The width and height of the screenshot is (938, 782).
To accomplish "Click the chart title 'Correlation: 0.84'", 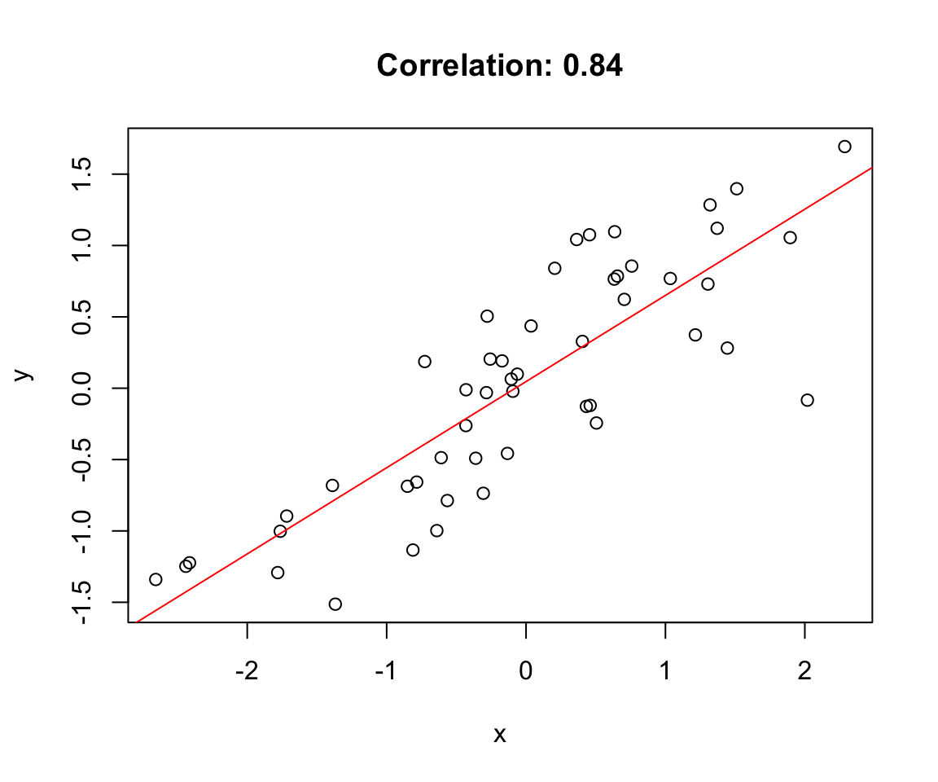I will coord(499,66).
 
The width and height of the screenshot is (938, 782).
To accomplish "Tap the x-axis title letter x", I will coord(500,735).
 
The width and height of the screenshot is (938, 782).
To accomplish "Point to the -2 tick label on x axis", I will coord(247,673).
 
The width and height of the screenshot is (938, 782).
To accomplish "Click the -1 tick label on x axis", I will coord(386,673).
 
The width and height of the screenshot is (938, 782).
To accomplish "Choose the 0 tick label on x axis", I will coord(526,673).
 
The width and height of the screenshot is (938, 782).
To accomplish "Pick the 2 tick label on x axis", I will coord(804,673).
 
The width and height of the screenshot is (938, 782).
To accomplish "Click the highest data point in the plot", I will coord(844,147).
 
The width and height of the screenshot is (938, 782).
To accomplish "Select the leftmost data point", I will coord(156,579).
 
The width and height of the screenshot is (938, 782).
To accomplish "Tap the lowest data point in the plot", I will coord(335,604).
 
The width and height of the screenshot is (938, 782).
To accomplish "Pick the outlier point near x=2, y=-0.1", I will coord(807,400).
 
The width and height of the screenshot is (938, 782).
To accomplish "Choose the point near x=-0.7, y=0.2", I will coord(424,362).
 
